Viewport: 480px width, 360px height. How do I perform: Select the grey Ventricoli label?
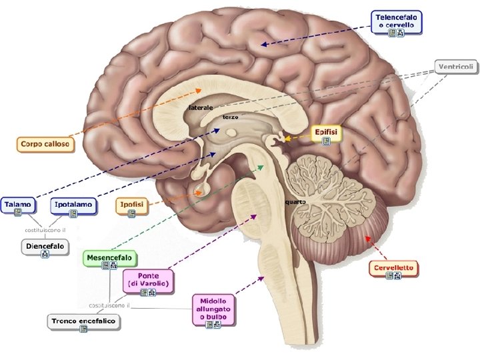457,66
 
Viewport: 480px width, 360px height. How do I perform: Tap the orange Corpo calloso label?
44,143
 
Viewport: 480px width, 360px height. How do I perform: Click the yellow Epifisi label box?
327,135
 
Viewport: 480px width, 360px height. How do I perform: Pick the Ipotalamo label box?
73,205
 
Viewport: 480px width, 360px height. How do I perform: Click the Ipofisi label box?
131,205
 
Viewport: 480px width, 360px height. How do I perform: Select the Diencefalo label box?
45,248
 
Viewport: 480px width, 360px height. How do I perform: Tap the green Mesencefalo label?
110,259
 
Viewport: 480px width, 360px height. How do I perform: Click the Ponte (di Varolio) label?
147,281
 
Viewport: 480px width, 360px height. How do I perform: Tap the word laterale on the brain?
201,107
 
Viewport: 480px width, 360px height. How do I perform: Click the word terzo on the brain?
230,117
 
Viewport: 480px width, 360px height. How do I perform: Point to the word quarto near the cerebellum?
295,201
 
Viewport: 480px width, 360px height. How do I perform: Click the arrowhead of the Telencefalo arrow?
263,45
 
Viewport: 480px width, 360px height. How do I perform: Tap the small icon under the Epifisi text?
326,141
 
